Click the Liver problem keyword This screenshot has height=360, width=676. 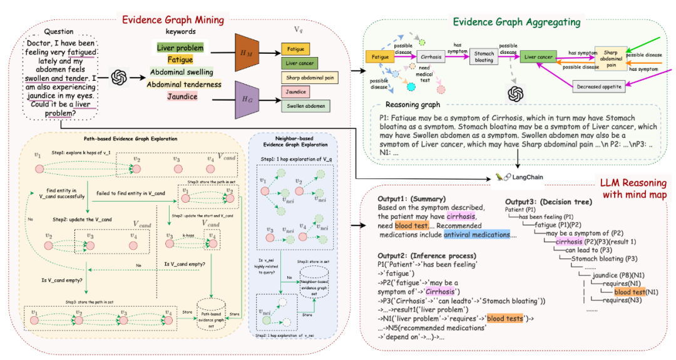pos(180,48)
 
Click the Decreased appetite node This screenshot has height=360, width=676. pos(599,86)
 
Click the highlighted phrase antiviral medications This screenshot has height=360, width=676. pos(478,234)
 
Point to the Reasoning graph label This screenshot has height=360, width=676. pos(413,105)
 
